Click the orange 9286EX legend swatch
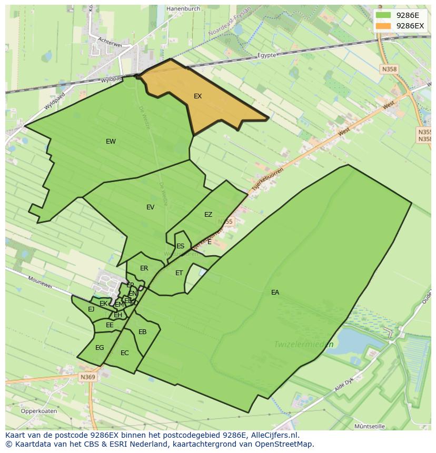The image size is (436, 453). click(x=383, y=26)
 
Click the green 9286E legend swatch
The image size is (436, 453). click(x=383, y=15)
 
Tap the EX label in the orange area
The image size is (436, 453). click(x=197, y=96)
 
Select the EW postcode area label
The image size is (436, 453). click(x=111, y=142)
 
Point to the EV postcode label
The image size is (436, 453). click(x=151, y=207)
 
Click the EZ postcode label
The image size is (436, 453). click(x=208, y=215)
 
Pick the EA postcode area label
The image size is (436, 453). click(x=275, y=293)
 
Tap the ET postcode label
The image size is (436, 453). click(x=179, y=273)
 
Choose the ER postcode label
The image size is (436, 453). click(x=144, y=268)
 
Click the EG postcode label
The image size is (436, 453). click(x=100, y=348)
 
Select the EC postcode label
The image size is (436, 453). click(x=124, y=353)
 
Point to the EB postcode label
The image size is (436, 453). click(x=142, y=332)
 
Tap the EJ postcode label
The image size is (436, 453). click(x=91, y=309)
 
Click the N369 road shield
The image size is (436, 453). click(x=87, y=377)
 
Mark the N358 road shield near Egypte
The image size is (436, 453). click(x=389, y=69)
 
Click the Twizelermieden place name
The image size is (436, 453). click(x=303, y=345)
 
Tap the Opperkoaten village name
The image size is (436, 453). click(x=39, y=411)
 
